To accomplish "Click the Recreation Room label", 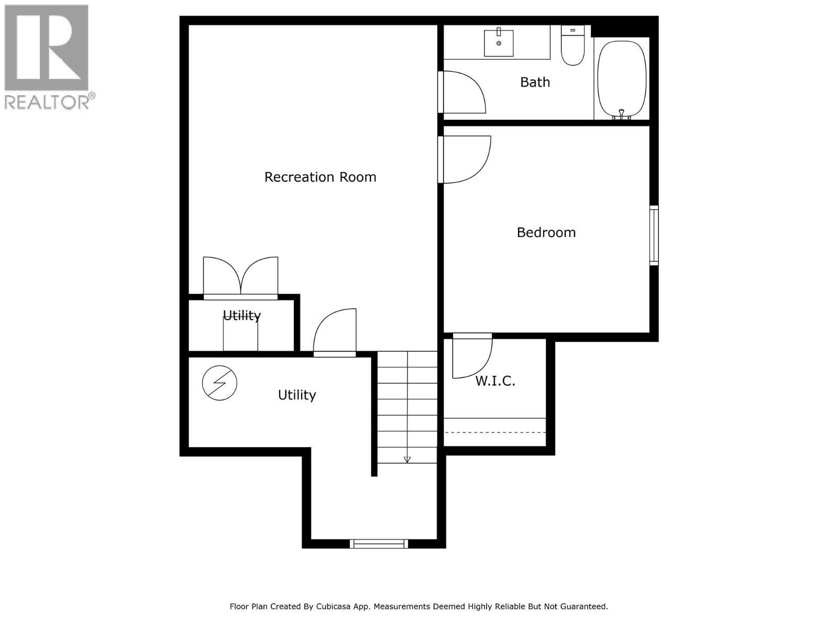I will tap(320, 177).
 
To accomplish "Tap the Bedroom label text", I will tap(546, 232).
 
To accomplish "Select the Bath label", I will tap(535, 82).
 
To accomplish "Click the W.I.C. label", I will tap(495, 381).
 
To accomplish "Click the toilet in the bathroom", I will tap(572, 47).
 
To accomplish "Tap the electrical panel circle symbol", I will tap(219, 383).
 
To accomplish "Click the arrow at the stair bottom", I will tap(407, 459).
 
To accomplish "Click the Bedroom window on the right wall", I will tap(654, 234).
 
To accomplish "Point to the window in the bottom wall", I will tap(379, 544).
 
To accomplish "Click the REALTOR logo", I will tap(47, 57).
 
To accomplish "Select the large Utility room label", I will tap(296, 395).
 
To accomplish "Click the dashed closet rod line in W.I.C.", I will tap(494, 432).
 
